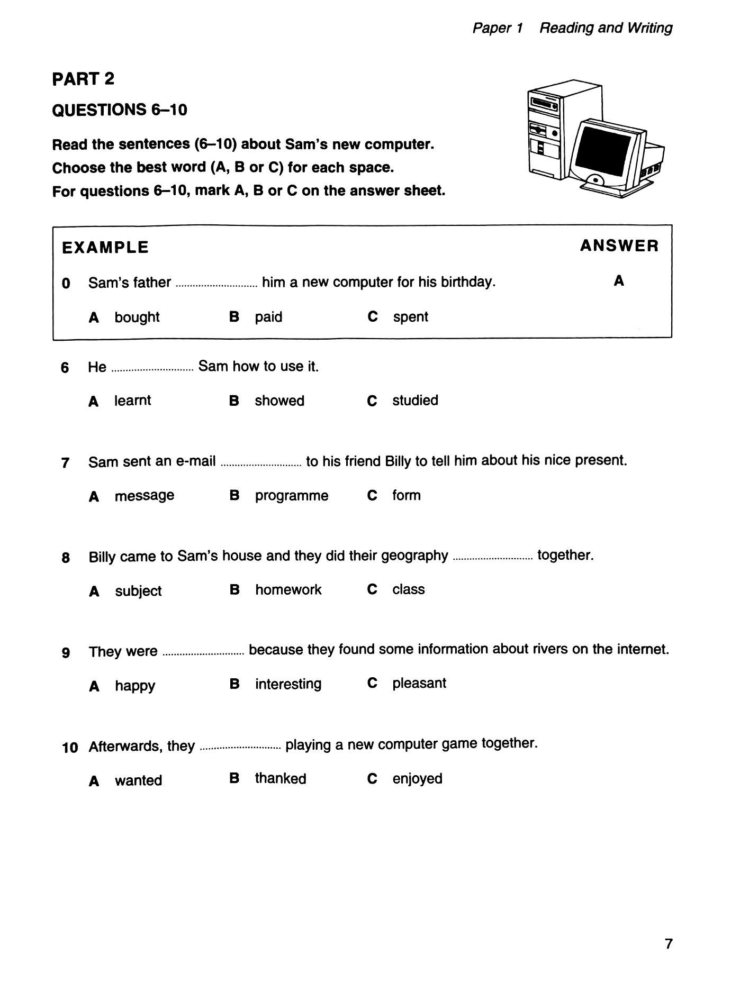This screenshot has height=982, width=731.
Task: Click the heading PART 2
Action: pos(83,79)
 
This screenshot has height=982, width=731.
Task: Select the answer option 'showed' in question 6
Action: pos(279,401)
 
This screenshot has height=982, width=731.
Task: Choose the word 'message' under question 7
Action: pos(144,496)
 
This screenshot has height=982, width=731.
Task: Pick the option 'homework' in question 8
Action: pos(288,590)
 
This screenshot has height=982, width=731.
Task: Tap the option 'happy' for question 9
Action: pos(135,686)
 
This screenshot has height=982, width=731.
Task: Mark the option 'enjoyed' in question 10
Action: pos(417,779)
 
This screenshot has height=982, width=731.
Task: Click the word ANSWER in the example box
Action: pos(619,246)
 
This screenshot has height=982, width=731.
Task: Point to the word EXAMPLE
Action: pos(105,248)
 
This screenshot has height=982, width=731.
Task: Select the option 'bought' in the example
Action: pos(137,317)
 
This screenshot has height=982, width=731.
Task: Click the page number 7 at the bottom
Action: pos(669,944)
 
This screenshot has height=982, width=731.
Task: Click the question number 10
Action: pos(70,748)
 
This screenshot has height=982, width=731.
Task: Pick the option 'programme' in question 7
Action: pos(291,496)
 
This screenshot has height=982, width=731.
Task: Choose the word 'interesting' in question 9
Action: pos(288,684)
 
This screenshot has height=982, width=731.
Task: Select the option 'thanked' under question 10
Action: pos(280,779)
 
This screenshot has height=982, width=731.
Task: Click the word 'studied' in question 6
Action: pos(415,401)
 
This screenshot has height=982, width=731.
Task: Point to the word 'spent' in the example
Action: pos(410,317)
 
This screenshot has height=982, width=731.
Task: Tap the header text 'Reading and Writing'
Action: pos(606,28)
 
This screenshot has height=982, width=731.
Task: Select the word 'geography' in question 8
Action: pos(414,556)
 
